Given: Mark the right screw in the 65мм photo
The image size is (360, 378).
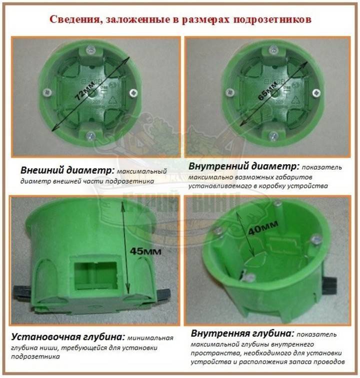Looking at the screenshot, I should [317, 93].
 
